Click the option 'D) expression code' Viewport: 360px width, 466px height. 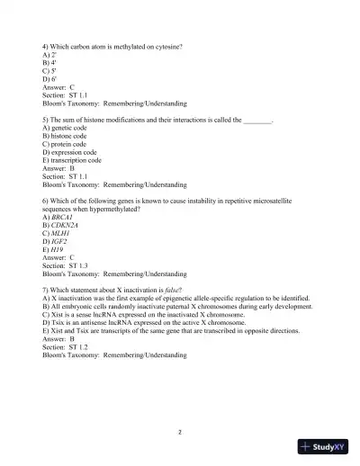coord(76,159)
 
